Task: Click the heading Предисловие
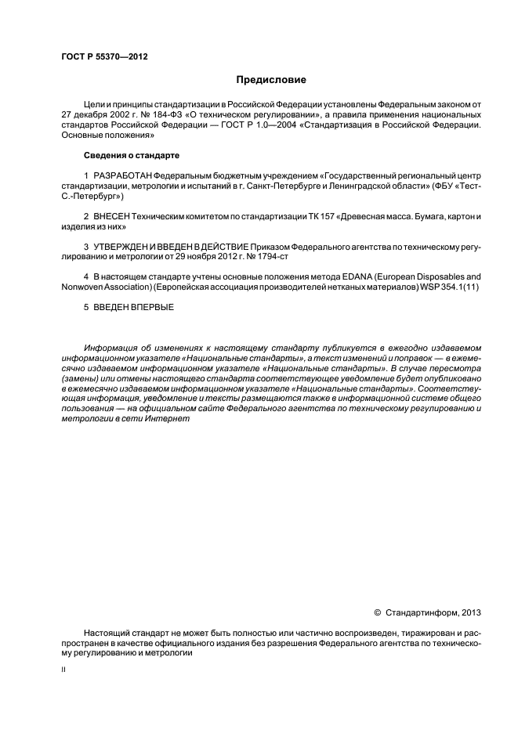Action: [272, 80]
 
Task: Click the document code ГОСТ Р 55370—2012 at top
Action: [104, 57]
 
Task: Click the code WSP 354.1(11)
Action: [445, 287]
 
